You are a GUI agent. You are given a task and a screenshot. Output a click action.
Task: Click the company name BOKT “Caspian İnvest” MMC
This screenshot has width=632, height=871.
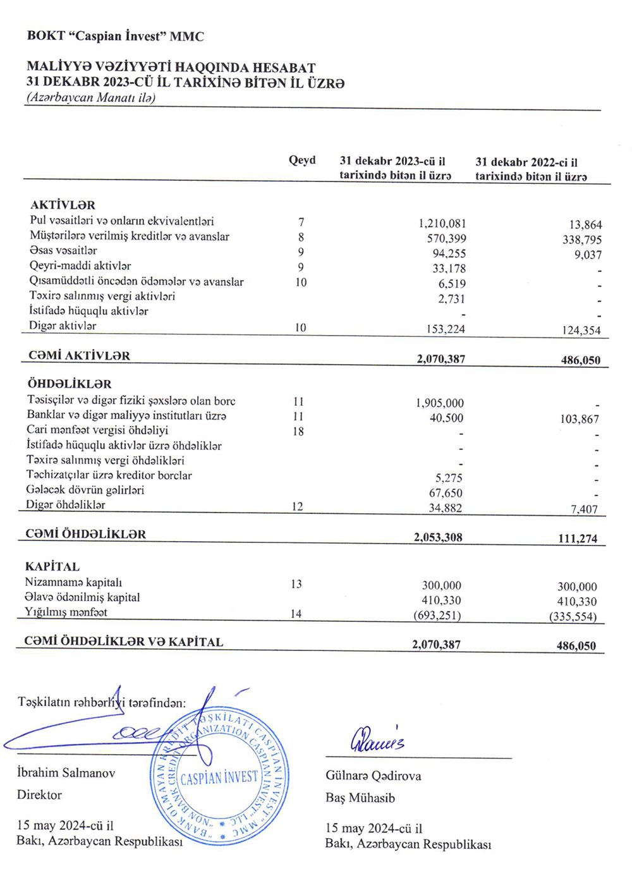coord(115,36)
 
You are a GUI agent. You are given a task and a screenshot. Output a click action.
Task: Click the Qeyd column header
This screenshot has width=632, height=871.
coord(301,161)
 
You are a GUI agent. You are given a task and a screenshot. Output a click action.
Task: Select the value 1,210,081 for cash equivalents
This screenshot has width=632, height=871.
coord(442,224)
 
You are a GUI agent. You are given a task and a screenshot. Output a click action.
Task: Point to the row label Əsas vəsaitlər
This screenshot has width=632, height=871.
coord(63,251)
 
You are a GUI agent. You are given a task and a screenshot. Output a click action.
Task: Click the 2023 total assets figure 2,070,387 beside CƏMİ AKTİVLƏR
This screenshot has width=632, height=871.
coord(441,359)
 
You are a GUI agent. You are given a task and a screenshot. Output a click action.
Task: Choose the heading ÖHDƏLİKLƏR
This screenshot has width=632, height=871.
coord(70,384)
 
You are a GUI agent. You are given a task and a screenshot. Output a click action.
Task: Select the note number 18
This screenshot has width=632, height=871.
coord(298,432)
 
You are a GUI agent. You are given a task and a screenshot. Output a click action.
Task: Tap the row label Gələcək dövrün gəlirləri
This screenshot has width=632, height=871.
coord(85,490)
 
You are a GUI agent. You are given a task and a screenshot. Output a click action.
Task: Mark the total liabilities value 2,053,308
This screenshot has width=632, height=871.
coord(438,538)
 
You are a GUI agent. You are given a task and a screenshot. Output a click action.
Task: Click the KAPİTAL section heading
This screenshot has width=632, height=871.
coord(52,567)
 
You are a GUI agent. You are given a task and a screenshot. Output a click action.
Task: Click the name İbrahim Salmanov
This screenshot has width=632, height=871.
coord(66,773)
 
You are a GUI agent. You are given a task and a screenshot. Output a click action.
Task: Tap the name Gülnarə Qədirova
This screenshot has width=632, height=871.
coord(373,776)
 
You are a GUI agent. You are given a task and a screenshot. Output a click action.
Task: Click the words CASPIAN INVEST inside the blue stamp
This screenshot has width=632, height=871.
coord(219,777)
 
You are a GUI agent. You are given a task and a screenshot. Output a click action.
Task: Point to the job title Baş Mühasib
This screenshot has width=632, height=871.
coord(360,798)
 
